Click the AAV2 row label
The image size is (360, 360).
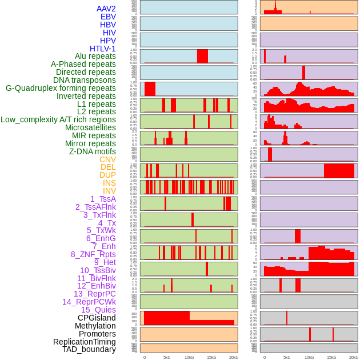coord(106,9)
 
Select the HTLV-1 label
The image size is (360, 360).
coord(103,49)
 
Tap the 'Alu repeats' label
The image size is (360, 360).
coord(95,56)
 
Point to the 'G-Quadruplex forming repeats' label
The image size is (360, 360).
coord(61,88)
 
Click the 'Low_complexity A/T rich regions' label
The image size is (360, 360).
coord(58,119)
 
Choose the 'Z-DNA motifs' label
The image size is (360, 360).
coord(93,151)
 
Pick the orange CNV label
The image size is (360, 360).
coord(107,159)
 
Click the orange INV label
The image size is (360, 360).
coord(109,191)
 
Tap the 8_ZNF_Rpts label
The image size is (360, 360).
coord(93,254)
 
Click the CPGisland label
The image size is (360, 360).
coord(97,318)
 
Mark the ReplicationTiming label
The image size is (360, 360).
coord(85,342)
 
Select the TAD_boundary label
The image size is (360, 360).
coord(89,349)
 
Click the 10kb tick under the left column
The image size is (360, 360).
coord(189,357)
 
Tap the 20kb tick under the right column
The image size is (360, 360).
coord(354,357)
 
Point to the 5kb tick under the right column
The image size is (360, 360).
coord(286,357)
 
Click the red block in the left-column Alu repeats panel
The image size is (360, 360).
coord(202,56)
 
